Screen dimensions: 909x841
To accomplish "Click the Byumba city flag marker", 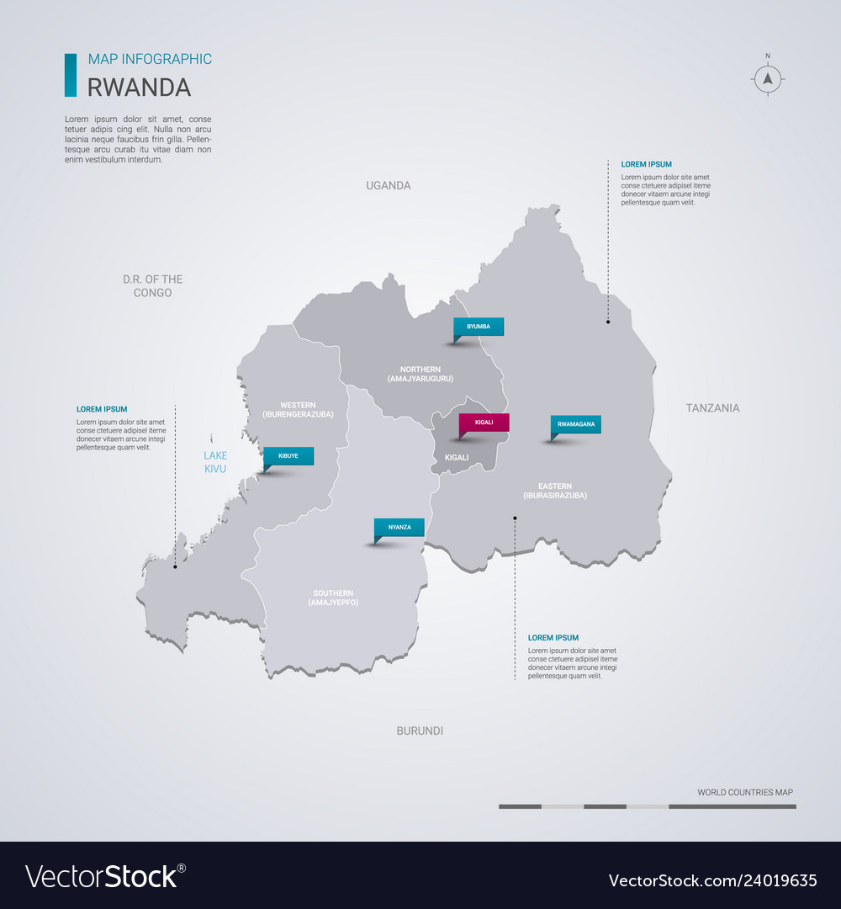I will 479,327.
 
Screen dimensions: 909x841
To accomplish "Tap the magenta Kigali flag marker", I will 484,423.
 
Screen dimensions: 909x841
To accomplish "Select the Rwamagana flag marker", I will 576,424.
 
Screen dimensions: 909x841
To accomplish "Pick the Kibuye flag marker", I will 288,455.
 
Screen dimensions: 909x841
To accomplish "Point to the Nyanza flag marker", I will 399,527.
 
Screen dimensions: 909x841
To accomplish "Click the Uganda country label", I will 389,185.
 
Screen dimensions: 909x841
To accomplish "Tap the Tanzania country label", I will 712,408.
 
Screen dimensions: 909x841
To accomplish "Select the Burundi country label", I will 420,731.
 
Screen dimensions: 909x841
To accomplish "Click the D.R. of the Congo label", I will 152,286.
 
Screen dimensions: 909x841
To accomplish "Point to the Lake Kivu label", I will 215,462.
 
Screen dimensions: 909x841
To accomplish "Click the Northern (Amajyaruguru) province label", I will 420,375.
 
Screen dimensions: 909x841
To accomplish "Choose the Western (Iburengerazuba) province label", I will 299,409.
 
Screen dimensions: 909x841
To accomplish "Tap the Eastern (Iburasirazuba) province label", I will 555,491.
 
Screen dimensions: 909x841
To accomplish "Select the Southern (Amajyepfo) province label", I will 334,598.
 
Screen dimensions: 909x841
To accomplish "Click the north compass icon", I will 767,79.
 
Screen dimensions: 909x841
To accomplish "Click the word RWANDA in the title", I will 140,88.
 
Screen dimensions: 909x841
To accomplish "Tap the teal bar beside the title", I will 71,75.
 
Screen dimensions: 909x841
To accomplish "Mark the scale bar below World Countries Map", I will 647,806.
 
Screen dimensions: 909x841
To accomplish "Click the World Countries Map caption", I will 744,792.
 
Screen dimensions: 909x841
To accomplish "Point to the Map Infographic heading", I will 150,59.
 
